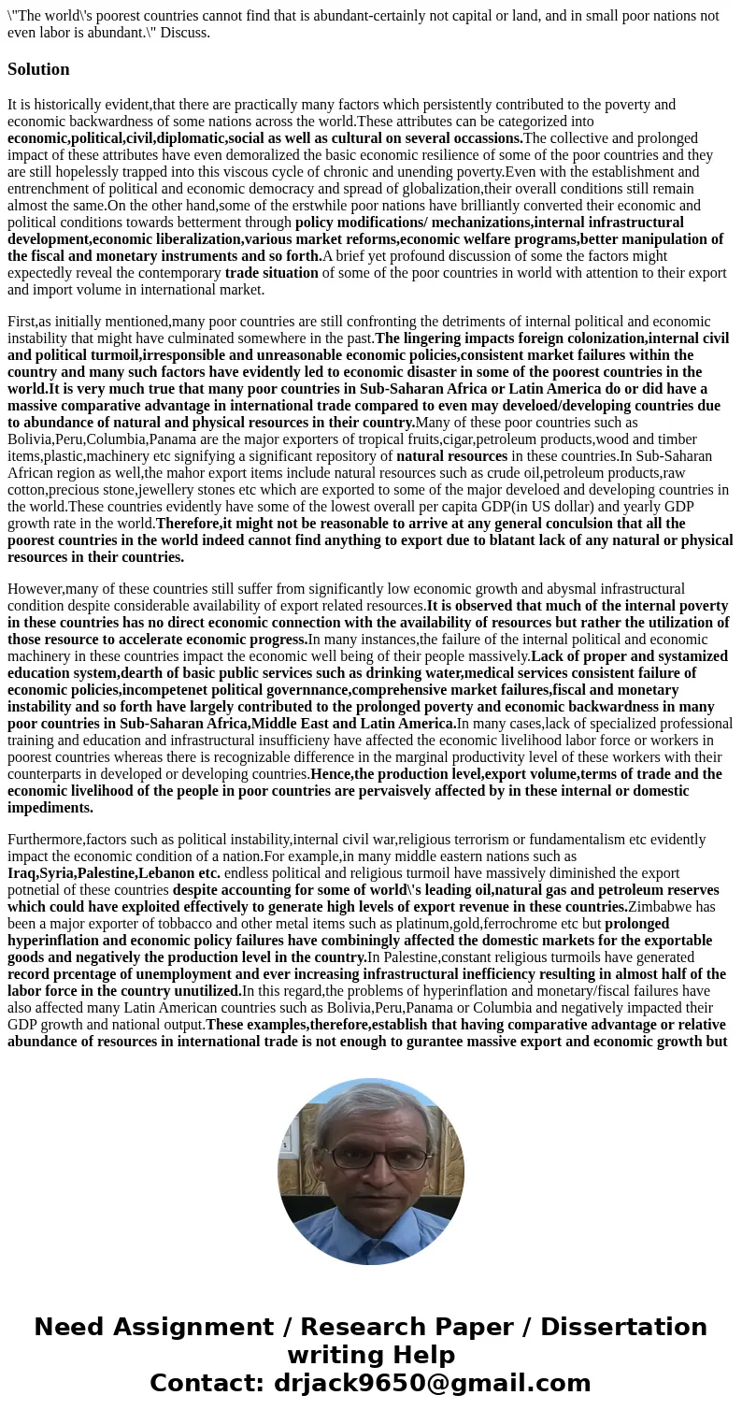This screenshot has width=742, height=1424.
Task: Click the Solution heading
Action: [38, 69]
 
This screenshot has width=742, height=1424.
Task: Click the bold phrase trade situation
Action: [271, 273]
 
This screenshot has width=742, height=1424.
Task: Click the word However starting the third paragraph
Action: [35, 589]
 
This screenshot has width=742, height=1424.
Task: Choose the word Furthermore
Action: [48, 840]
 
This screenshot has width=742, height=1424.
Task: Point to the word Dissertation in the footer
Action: [623, 1328]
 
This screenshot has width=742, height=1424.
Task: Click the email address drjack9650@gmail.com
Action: [432, 1384]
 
